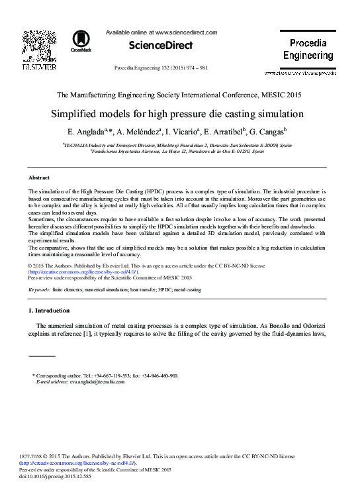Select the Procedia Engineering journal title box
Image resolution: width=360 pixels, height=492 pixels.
308,49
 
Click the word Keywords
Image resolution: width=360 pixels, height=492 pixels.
40,290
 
